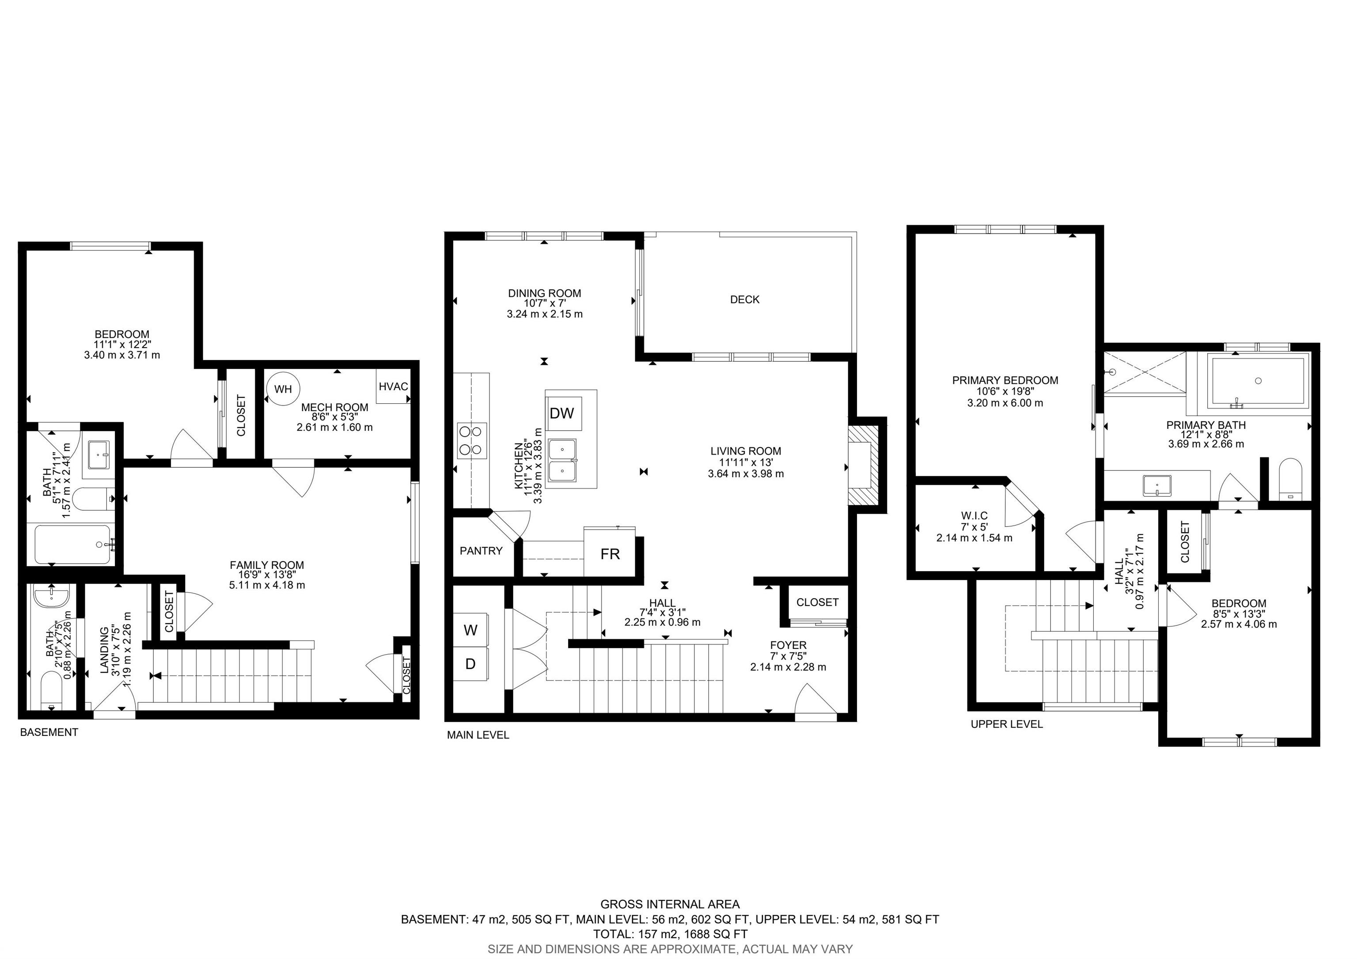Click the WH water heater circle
click(x=283, y=389)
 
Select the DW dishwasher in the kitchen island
click(x=562, y=413)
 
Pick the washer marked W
click(x=470, y=630)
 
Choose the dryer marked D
click(x=470, y=664)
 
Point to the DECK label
click(x=745, y=299)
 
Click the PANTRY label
click(x=481, y=551)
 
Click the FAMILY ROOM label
click(x=267, y=565)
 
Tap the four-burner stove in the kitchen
click(x=472, y=441)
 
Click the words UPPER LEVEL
click(x=1007, y=724)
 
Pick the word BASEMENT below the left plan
click(x=49, y=732)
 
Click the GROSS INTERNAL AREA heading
click(x=670, y=904)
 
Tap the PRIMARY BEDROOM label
click(x=1005, y=380)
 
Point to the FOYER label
click(x=788, y=645)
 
